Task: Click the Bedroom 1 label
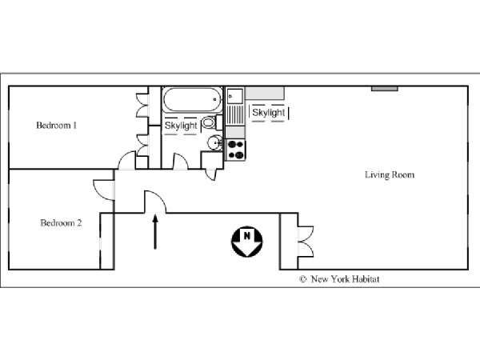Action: [x=56, y=126]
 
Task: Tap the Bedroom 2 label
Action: [x=61, y=223]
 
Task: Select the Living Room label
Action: [x=390, y=174]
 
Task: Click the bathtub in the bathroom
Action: [x=193, y=100]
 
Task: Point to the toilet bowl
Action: [x=209, y=122]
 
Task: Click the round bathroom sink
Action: [x=215, y=143]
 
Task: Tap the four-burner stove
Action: [x=236, y=150]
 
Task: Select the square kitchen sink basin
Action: [x=234, y=95]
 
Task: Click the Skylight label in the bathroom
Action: [x=181, y=126]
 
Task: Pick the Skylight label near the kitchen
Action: [x=269, y=113]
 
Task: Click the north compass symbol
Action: [x=246, y=242]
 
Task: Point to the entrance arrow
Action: [x=155, y=232]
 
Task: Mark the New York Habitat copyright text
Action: [x=339, y=279]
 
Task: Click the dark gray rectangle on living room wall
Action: [x=385, y=89]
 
